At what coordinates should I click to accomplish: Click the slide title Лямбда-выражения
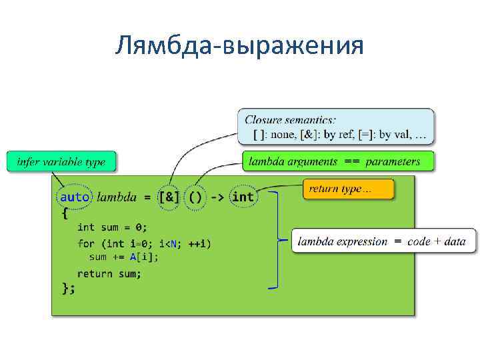click(x=239, y=46)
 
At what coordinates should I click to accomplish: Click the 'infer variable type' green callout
click(x=61, y=162)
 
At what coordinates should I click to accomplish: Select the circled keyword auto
click(x=74, y=197)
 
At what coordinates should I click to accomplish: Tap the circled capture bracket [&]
click(x=169, y=197)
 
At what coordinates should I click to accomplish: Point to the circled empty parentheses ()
click(x=195, y=197)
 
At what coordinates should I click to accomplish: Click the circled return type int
click(x=243, y=197)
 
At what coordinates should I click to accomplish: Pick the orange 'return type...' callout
click(x=348, y=189)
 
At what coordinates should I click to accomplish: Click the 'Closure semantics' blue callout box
click(x=335, y=127)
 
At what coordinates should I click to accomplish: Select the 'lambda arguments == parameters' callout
click(x=337, y=161)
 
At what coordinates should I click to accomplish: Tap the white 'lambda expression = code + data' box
click(x=383, y=241)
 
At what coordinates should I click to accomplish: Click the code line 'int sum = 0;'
click(x=113, y=227)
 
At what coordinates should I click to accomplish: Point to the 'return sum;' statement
click(x=109, y=273)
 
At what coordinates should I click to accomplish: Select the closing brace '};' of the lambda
click(x=68, y=288)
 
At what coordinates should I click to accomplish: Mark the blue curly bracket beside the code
click(x=275, y=240)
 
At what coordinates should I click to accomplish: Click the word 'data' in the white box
click(x=454, y=241)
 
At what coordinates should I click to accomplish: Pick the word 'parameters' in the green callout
click(x=393, y=161)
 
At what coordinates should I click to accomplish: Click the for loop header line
click(x=144, y=243)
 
